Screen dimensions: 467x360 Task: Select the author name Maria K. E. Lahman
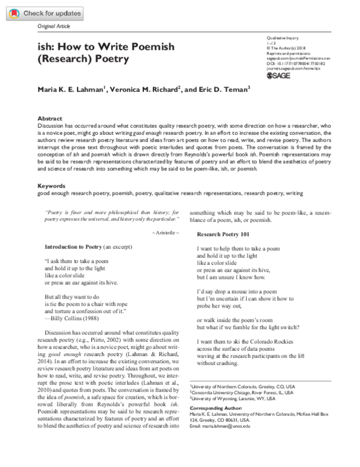71,89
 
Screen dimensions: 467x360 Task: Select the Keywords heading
51,186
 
